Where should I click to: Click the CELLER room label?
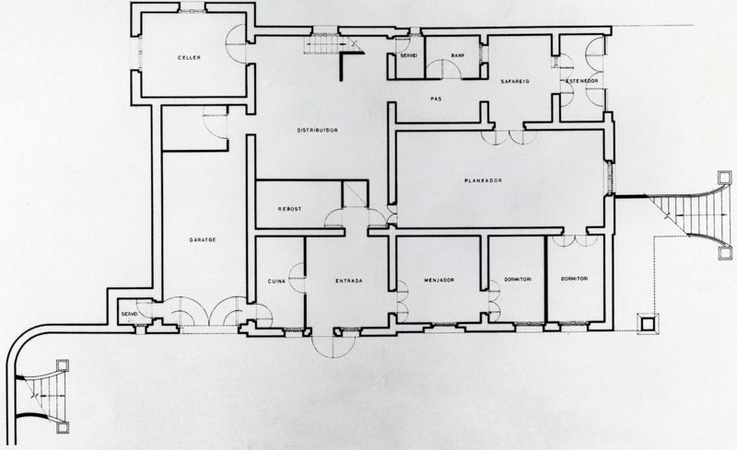coord(189,58)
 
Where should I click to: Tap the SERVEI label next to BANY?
coord(408,57)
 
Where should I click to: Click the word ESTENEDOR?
coord(582,81)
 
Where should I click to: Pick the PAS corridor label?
coord(437,98)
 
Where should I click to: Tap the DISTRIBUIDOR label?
coord(316,131)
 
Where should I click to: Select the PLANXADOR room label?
coord(483,180)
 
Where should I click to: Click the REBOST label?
coord(289,209)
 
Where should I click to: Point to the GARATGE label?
coord(203,239)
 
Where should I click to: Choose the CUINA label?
coord(276,281)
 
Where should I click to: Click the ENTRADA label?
coord(348,281)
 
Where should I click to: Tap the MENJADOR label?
coord(440,281)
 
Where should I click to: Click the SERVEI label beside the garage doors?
coord(129,315)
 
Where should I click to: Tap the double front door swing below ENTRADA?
coord(332,344)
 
